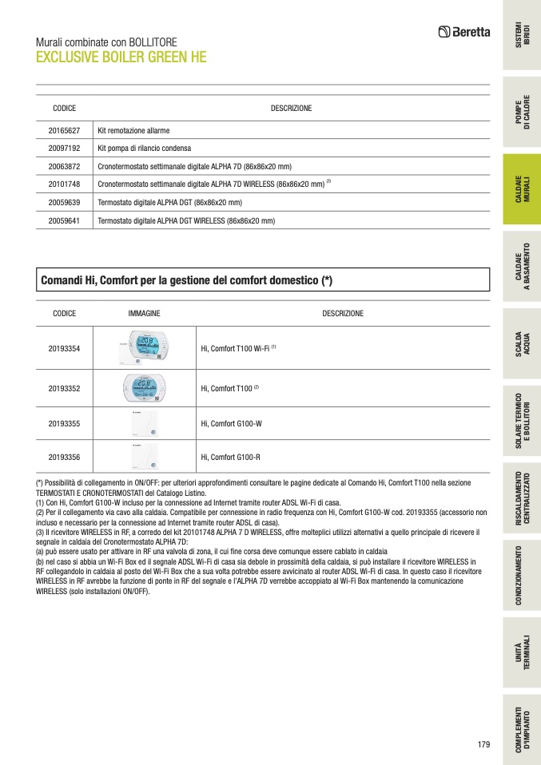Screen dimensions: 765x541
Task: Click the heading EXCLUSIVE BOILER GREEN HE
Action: (121, 57)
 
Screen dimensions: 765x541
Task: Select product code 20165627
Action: (64, 130)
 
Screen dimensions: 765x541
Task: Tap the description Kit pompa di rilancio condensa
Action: (144, 148)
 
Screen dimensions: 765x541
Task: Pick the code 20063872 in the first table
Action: (64, 166)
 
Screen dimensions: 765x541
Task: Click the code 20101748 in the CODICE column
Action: (64, 184)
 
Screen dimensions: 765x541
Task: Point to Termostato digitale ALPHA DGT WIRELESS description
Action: (185, 221)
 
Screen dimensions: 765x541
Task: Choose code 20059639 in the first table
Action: (64, 203)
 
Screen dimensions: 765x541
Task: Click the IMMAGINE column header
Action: (144, 314)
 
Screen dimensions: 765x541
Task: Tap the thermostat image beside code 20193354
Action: (145, 349)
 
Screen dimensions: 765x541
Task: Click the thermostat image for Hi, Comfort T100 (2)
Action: (145, 388)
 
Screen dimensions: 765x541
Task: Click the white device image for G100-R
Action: (145, 458)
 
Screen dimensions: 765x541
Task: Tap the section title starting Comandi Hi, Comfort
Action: (186, 280)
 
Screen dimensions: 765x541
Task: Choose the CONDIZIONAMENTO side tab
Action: (522, 575)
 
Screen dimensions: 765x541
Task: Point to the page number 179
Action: (483, 745)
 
